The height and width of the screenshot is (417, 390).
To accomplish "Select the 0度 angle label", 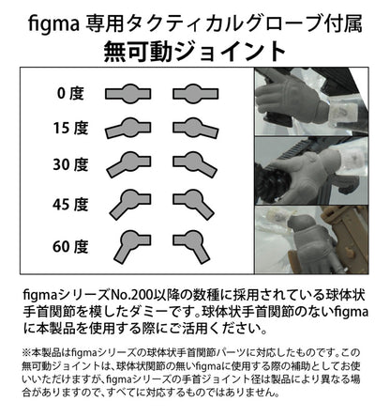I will coord(71,93).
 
